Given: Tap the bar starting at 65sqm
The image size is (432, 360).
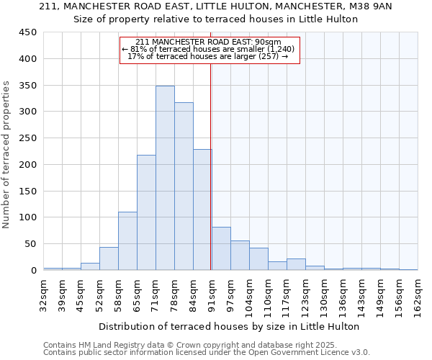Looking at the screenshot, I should [146, 212].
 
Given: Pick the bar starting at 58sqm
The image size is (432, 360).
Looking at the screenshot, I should [127, 240].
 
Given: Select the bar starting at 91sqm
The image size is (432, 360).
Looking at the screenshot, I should [221, 248].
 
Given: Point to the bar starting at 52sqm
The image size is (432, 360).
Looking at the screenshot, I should [109, 258].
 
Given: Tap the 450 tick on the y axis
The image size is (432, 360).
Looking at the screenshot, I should [29, 32].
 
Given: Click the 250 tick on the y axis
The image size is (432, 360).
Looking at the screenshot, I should [29, 138].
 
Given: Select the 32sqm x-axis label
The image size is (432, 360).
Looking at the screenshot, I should [43, 293].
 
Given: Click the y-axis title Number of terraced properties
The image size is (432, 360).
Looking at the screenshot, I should [6, 155].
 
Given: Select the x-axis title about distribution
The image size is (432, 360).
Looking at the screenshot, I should [228, 326].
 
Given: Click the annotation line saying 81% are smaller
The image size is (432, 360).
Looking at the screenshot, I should [208, 49].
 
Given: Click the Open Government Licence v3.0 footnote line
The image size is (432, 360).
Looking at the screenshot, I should [207, 353].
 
